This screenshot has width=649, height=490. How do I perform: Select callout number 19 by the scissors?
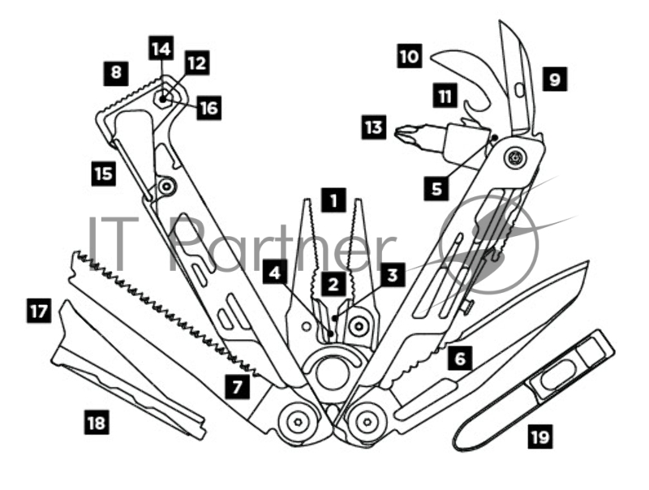539,437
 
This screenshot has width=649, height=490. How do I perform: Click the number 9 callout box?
555,80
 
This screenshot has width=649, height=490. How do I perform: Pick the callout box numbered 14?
161,49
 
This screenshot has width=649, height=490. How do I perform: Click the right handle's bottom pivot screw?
369,420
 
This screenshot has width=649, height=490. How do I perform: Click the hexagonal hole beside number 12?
164,99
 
